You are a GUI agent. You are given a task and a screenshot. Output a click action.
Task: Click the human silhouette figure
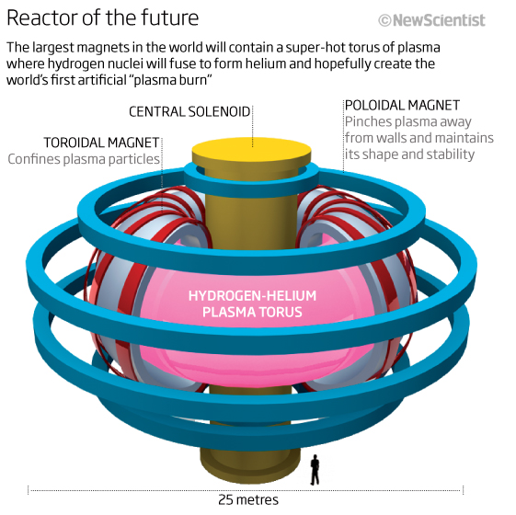(x=315, y=470)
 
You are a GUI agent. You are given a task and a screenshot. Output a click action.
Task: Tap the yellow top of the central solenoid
(x=252, y=151)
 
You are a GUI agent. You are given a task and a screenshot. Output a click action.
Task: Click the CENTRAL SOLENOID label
(x=189, y=112)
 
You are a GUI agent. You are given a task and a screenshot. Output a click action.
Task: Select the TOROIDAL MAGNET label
(x=101, y=143)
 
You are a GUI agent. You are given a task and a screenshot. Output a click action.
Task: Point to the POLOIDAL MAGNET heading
(x=402, y=106)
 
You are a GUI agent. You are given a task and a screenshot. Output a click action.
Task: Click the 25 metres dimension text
(x=248, y=500)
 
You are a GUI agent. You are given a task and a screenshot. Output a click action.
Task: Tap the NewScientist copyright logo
(x=431, y=20)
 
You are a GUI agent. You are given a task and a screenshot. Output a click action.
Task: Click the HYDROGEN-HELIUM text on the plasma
(x=252, y=295)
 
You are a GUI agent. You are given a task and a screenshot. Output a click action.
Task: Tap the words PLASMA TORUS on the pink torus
(x=252, y=312)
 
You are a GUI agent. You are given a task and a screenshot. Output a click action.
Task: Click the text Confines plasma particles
(x=84, y=159)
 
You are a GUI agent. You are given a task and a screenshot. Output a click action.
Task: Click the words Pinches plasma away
(x=408, y=121)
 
